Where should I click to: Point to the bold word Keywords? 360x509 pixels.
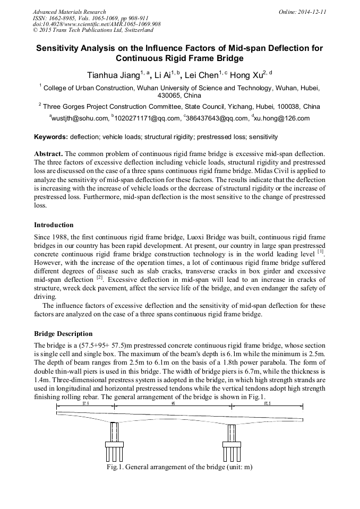click(x=51, y=137)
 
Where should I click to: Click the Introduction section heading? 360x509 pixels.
click(x=54, y=225)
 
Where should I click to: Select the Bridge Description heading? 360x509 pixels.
click(x=63, y=334)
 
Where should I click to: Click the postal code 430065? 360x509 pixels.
click(x=171, y=96)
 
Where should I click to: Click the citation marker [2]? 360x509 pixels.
click(x=99, y=277)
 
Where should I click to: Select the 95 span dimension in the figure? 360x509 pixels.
click(x=173, y=404)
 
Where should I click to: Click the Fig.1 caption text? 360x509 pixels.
click(x=179, y=468)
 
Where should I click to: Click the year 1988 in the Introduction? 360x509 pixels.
click(x=63, y=237)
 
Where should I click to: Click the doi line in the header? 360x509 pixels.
click(x=97, y=24)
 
